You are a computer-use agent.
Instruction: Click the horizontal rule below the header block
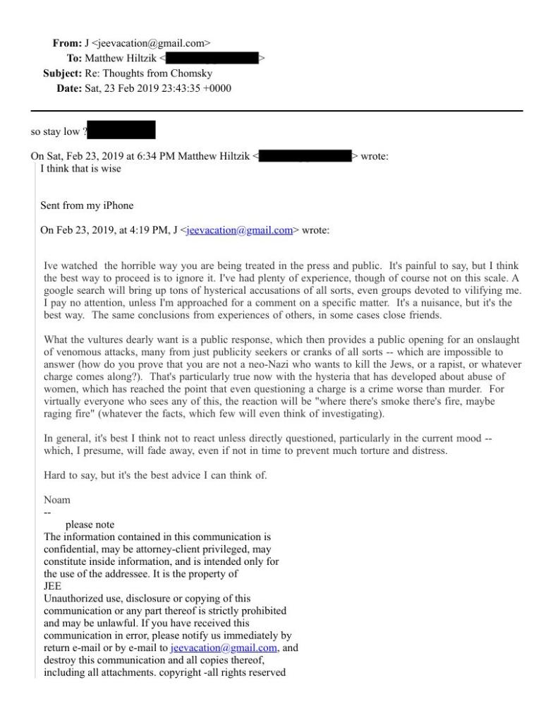click(277, 111)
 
